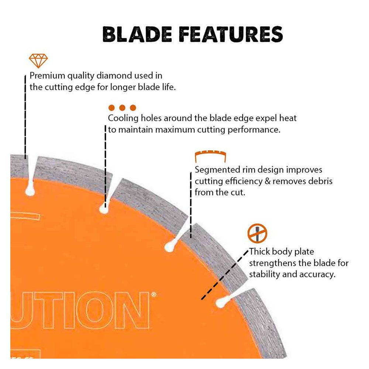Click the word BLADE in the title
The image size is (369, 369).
(137, 34)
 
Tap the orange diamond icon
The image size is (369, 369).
(38, 61)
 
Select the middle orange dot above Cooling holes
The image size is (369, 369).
(122, 108)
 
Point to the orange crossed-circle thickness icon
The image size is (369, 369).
(257, 233)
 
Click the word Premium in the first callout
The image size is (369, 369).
(47, 76)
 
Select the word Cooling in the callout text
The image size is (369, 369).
(123, 118)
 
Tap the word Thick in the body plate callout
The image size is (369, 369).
(259, 252)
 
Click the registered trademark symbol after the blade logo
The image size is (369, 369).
(154, 294)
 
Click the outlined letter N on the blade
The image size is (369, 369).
(132, 310)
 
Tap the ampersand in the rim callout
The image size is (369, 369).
(268, 181)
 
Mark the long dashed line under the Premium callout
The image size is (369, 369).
(25, 117)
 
